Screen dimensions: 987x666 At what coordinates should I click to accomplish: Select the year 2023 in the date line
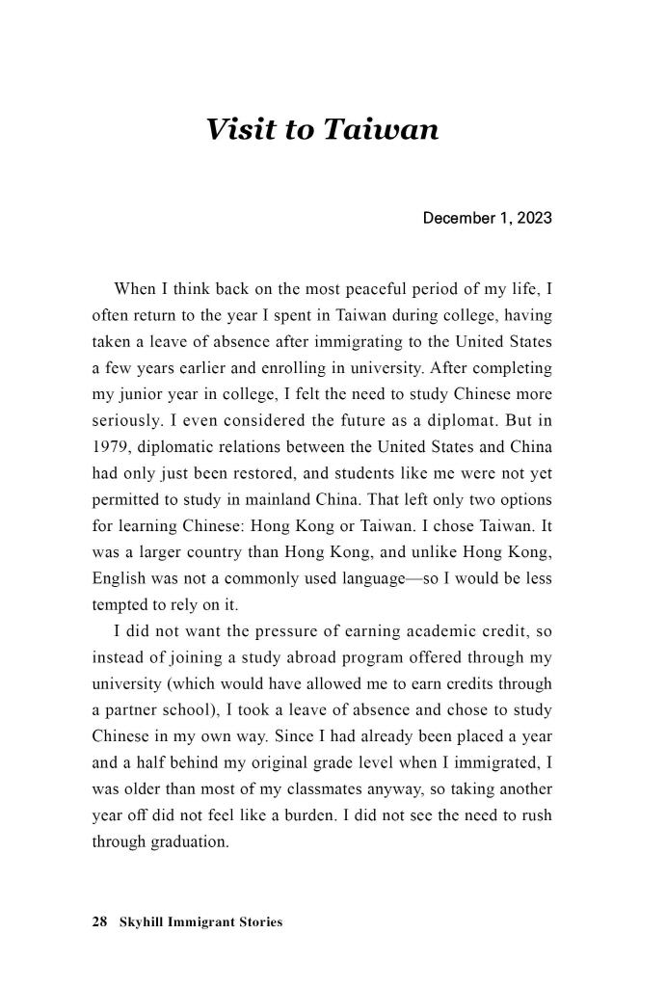click(x=533, y=218)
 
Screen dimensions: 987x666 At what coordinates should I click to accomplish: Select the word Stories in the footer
click(x=258, y=922)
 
